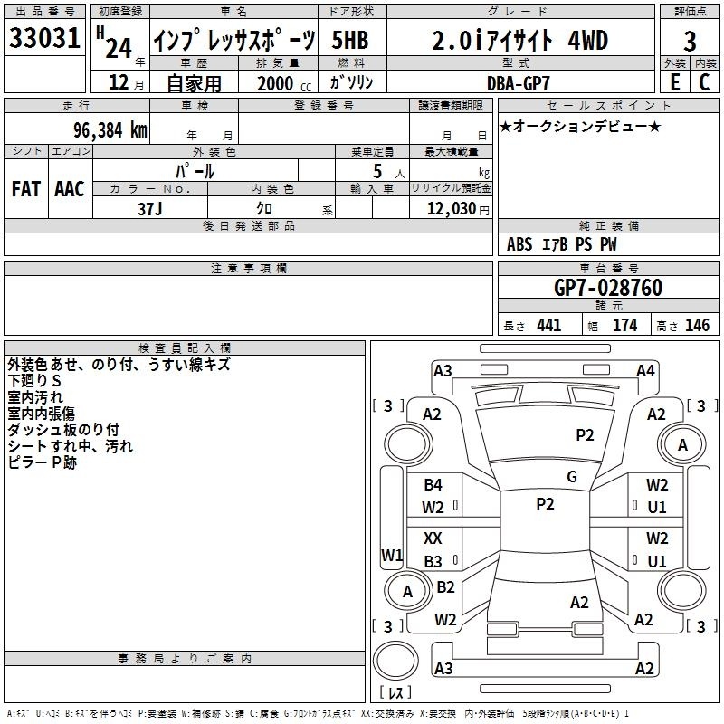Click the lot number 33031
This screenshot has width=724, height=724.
click(x=44, y=38)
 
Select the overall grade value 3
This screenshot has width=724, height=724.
click(x=690, y=42)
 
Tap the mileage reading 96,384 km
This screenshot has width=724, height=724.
click(x=110, y=130)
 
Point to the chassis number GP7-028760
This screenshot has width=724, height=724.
click(x=608, y=288)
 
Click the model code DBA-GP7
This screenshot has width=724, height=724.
click(x=519, y=83)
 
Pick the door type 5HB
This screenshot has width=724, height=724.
click(x=350, y=40)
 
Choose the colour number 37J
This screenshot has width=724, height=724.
click(x=149, y=209)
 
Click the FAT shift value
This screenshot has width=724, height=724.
click(x=26, y=189)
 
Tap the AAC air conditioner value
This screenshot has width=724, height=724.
click(x=70, y=189)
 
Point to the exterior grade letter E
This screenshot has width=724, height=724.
click(x=674, y=82)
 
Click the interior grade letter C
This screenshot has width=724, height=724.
click(x=705, y=82)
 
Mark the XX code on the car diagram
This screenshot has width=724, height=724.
click(x=433, y=538)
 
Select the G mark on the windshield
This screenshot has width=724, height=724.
click(x=572, y=477)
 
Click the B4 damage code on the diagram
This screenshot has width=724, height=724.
click(x=433, y=485)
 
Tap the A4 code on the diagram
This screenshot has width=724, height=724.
click(x=645, y=371)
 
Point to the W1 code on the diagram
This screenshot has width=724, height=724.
click(x=392, y=556)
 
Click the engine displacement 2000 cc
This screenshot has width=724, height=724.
click(x=284, y=84)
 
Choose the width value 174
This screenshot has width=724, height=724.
click(x=624, y=326)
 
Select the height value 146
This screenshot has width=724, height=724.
click(x=697, y=326)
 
